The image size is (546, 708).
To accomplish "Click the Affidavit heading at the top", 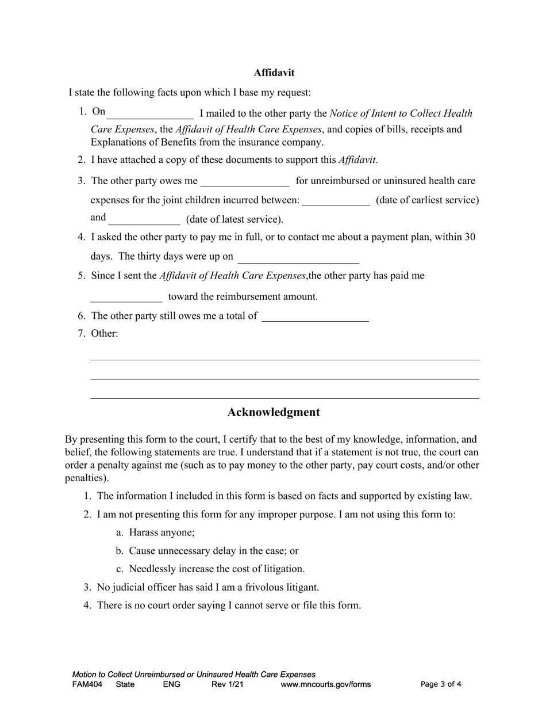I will coord(274,73).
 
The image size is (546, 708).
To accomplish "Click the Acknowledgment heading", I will coord(274,412).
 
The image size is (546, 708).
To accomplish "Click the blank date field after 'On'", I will coord(151,113).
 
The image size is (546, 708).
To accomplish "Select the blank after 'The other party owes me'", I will coord(245,181).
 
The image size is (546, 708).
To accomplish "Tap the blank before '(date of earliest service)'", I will coord(336,200).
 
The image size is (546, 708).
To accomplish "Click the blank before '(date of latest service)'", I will coord(144,219).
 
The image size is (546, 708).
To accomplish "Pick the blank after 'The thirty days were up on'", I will coord(298,257).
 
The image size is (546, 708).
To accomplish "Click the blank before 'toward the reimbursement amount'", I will coord(126,297).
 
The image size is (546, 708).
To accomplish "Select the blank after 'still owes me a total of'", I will coord(315,316).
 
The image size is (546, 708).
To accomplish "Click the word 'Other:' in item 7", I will coord(105,333).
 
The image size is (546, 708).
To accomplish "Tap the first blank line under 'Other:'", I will coord(284,358).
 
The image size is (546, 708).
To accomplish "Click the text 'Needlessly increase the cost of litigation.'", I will coord(217,569).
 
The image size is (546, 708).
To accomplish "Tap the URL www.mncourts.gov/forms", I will coord(325,684).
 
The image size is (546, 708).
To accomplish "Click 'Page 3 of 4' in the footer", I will coord(441,684).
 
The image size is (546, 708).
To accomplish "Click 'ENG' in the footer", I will coord(172,684).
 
